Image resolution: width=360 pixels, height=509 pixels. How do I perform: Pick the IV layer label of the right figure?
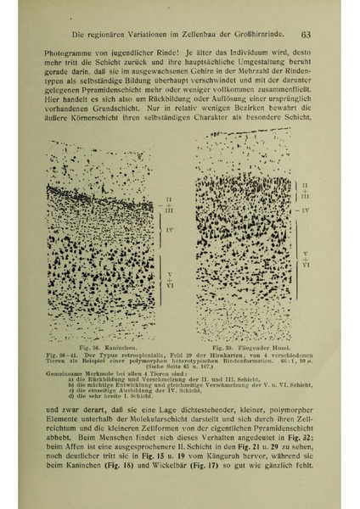pos(306,209)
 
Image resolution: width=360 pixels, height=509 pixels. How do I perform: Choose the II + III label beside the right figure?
pos(306,190)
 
